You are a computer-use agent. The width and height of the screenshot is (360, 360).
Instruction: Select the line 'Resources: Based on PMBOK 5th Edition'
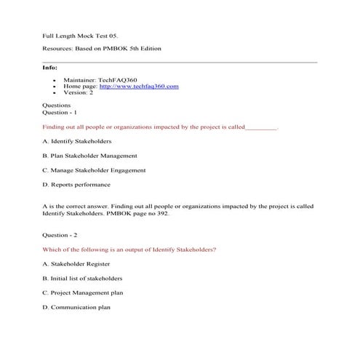pos(102,48)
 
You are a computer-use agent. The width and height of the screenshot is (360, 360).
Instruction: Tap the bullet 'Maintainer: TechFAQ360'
pos(96,80)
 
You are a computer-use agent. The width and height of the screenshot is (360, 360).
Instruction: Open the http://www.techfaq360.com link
pos(138,87)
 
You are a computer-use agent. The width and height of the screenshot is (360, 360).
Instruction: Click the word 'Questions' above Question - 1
pos(57,105)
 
